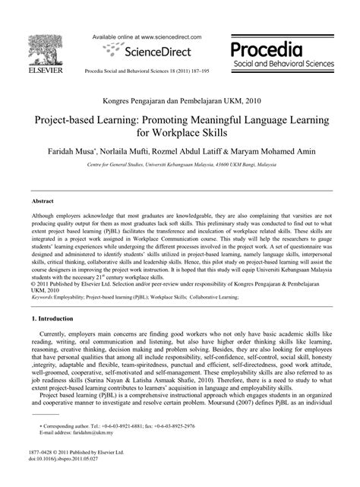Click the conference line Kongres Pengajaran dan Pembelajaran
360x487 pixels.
[x=180, y=99]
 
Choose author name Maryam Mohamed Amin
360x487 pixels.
[x=282, y=152]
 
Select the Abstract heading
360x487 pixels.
[x=42, y=202]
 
